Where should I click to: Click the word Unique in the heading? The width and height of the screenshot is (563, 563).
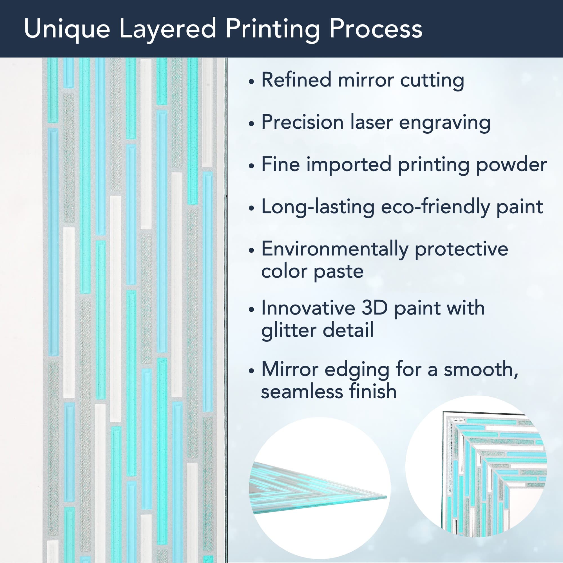67,29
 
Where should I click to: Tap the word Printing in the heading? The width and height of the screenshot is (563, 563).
272,29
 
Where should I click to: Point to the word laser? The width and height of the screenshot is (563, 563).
371,122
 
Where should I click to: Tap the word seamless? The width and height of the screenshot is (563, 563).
301,391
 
